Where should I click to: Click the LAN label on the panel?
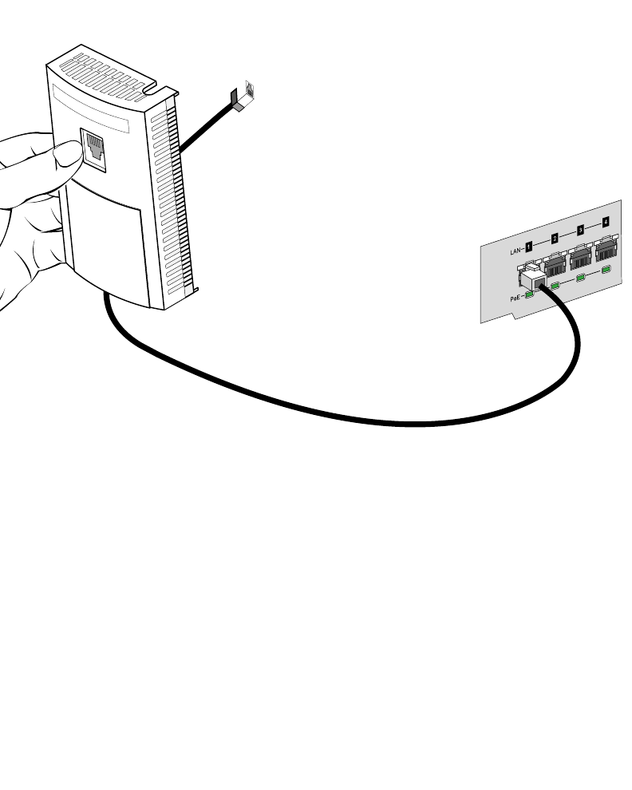point(515,251)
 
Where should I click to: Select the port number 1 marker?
point(528,246)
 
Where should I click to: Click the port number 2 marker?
point(554,239)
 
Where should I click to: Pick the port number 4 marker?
point(606,222)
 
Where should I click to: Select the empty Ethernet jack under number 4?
point(606,247)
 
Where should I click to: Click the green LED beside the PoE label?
point(528,294)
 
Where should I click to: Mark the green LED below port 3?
point(581,278)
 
